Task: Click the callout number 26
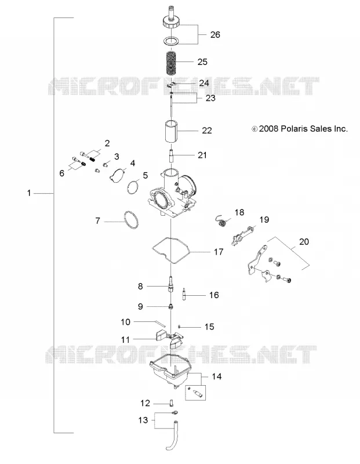click(x=215, y=35)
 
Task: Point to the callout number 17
click(x=219, y=252)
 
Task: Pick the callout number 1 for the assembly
click(x=29, y=193)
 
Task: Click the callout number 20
click(x=304, y=242)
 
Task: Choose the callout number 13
click(x=143, y=420)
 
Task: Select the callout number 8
click(x=140, y=287)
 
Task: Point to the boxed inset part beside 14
click(x=195, y=393)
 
